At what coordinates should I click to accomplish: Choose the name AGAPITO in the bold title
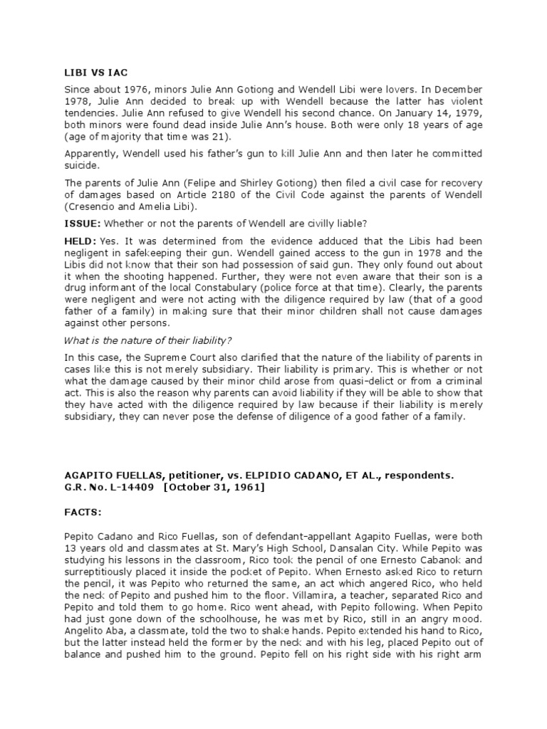90,472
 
